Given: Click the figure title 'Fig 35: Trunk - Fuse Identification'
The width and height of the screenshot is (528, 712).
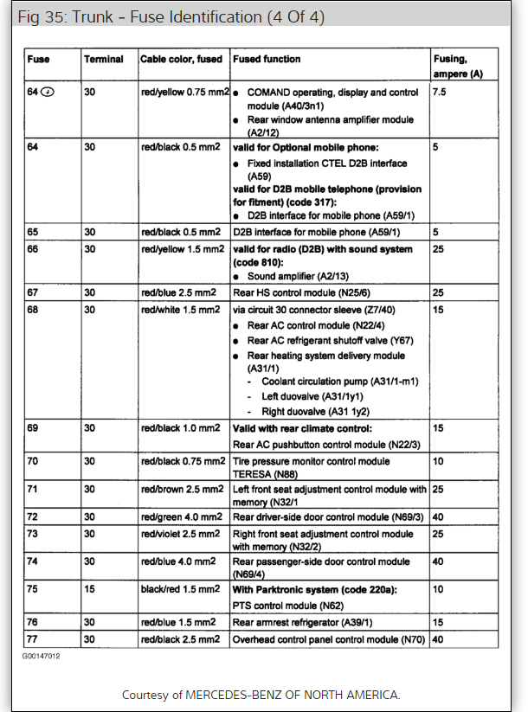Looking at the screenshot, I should [x=171, y=17].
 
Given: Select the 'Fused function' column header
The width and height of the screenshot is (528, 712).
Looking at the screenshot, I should [x=267, y=60].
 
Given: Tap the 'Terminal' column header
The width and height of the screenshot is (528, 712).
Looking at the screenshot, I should [x=103, y=60].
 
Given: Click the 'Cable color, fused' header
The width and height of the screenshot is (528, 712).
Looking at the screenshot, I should [x=182, y=60].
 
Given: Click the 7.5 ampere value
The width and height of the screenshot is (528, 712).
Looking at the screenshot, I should [x=441, y=91].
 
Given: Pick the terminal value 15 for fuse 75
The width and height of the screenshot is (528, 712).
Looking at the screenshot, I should [x=89, y=590].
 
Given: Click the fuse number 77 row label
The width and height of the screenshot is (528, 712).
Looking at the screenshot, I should [x=33, y=640].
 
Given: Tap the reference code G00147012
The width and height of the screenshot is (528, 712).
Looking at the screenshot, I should [x=42, y=656].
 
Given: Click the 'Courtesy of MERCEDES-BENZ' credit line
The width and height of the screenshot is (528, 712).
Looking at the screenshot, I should [x=261, y=695].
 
